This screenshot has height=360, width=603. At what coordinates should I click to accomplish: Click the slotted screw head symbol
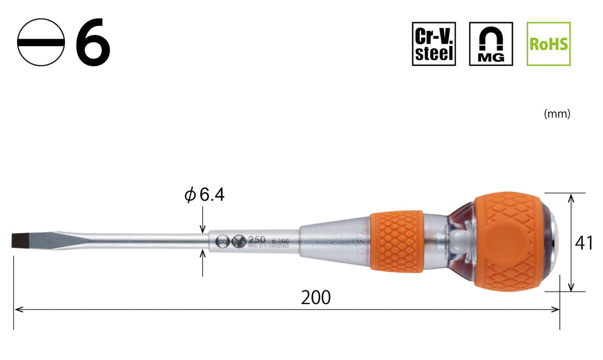pos(41,43)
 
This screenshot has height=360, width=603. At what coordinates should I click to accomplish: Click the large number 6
pos(93,43)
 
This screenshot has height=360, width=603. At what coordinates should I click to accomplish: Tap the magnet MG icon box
pos(491,44)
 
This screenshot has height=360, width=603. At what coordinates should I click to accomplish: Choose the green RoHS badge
pos(549,44)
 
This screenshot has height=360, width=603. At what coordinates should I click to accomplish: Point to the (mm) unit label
pos(557,115)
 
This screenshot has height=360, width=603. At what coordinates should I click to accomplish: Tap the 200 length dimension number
pos(316,297)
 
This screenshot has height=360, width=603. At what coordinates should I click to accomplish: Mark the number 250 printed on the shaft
pos(256,240)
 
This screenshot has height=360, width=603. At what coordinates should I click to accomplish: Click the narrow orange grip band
pos(396,240)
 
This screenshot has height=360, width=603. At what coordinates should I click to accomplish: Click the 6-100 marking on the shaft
pos(280,240)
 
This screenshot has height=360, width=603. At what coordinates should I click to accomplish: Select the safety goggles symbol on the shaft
pos(223,241)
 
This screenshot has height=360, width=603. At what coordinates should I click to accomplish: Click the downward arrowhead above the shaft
pos(203,229)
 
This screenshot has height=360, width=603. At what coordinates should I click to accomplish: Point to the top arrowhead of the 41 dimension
pos(571,197)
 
